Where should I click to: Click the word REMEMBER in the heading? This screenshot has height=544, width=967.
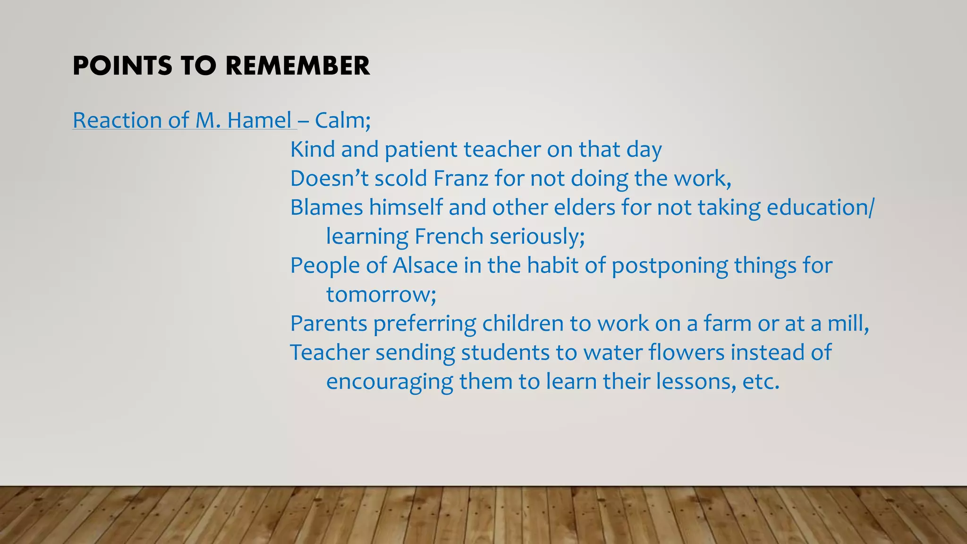click(297, 66)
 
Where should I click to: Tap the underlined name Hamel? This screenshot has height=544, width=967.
click(259, 120)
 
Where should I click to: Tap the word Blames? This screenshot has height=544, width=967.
click(326, 207)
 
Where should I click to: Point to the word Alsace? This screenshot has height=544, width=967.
click(425, 265)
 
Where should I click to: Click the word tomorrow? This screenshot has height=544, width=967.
click(381, 295)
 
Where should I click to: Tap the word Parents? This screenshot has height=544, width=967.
click(329, 323)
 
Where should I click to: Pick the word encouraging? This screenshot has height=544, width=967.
click(390, 382)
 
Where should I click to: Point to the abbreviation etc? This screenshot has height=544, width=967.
click(761, 382)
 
